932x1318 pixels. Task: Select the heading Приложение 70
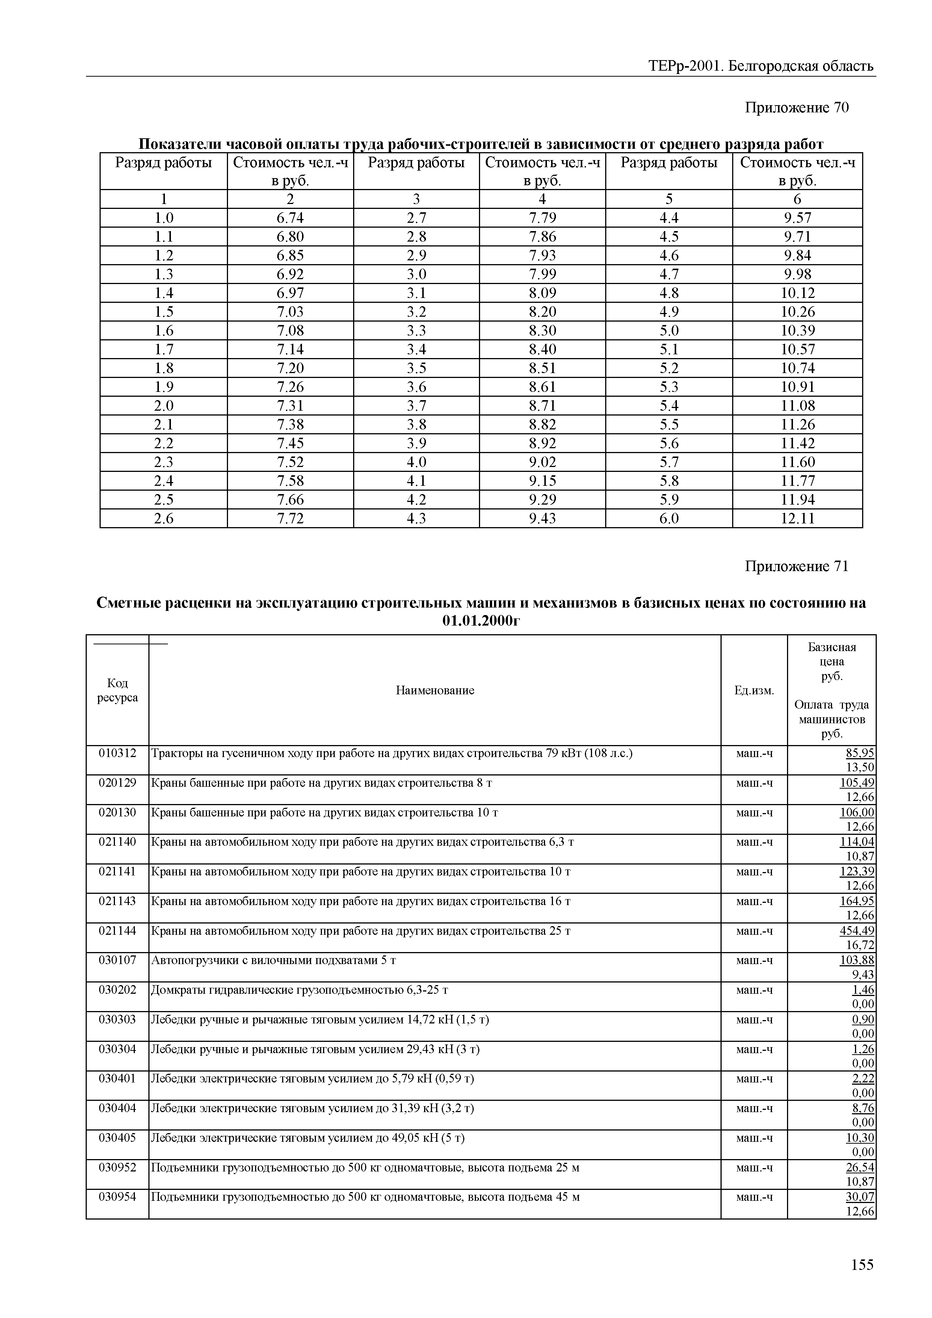796,107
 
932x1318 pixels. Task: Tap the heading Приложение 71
796,567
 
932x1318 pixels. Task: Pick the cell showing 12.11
797,518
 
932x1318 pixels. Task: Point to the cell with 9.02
542,462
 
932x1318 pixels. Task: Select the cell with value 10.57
797,349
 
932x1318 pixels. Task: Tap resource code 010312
117,753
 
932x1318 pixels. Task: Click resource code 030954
117,1197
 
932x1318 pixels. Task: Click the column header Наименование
435,691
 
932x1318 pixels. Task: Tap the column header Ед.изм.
754,691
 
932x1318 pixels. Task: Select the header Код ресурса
117,690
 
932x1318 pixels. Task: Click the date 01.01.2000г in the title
481,621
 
